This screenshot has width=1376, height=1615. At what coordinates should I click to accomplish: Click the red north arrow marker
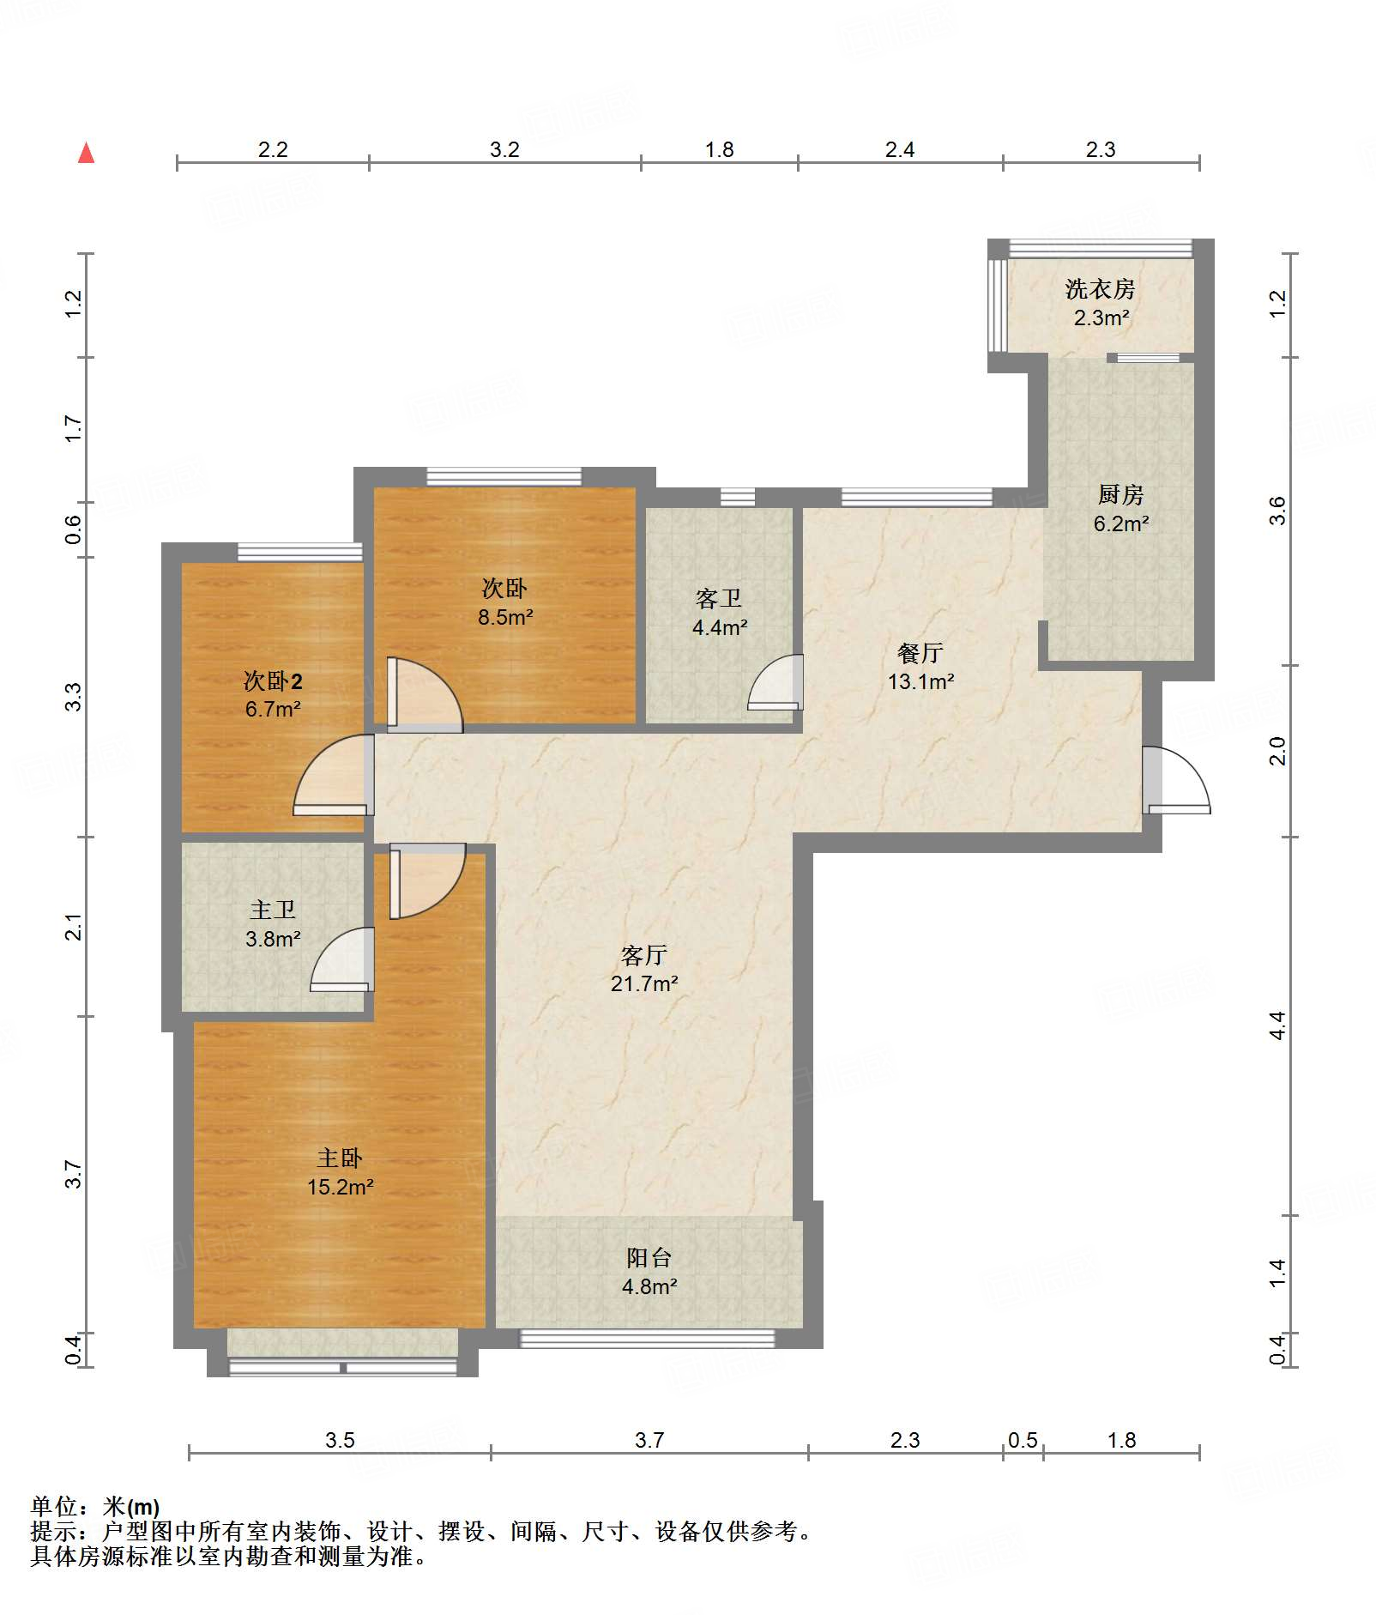coord(86,153)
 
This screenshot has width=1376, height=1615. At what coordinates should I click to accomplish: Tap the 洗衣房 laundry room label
coord(1100,289)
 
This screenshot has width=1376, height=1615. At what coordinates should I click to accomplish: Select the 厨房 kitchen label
coord(1120,495)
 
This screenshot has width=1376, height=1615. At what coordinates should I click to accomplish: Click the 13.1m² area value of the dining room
coord(920,681)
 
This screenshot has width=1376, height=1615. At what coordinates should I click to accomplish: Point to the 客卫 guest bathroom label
coord(719,598)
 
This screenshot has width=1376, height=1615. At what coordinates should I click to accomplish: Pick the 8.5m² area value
coord(505,617)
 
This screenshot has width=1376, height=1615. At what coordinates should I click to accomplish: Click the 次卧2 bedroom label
coord(273,681)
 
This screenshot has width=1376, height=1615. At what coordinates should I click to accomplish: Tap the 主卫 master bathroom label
coord(273,910)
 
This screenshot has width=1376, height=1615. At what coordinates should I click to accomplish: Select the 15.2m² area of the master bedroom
coord(340,1187)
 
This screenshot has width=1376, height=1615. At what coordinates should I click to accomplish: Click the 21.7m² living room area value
coord(644,983)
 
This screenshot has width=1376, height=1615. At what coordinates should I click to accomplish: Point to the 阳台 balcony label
coord(649,1258)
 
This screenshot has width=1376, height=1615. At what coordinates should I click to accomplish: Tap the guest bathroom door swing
coord(776,683)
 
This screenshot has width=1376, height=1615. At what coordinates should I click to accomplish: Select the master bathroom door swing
coord(342,959)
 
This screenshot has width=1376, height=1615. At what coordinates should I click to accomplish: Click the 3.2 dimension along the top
coord(504,149)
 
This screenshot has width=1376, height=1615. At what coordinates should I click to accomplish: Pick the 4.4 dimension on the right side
coord(1277,1025)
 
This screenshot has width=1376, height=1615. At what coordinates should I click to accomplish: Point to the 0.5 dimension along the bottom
coord(1023,1440)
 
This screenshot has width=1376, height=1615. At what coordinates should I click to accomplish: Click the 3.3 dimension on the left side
coord(74,697)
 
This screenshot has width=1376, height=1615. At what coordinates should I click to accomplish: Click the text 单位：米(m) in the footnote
coord(95,1507)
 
